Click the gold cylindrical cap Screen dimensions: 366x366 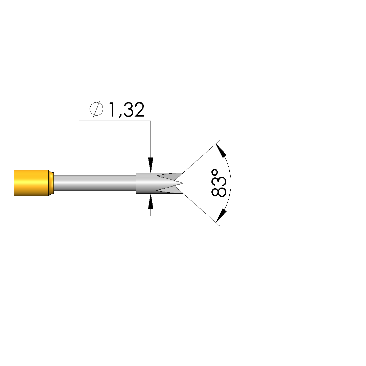(31, 183)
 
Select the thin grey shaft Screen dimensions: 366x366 (95, 183)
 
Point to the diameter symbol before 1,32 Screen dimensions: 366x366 (96, 109)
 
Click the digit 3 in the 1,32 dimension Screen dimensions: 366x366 (129, 109)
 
